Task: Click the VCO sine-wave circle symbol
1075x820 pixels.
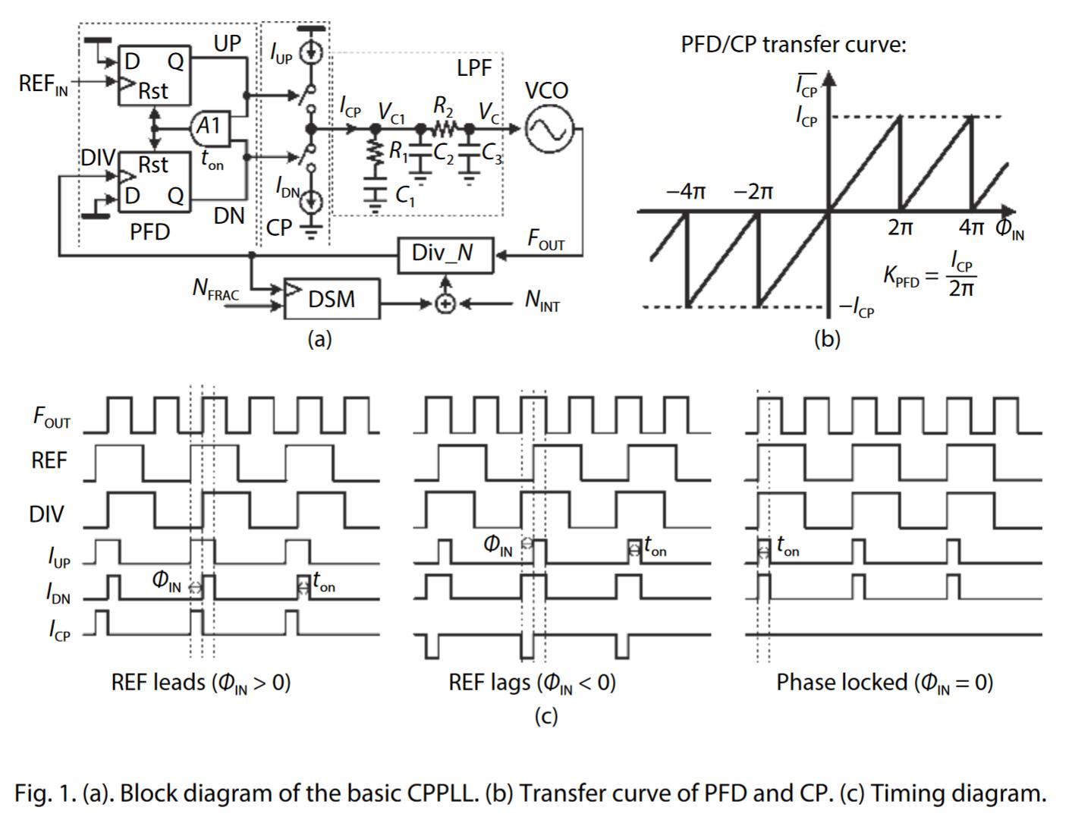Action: pyautogui.click(x=547, y=128)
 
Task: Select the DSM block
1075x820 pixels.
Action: pyautogui.click(x=332, y=298)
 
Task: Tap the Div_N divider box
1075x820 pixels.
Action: pyautogui.click(x=445, y=253)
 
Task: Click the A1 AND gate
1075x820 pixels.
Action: pyautogui.click(x=209, y=127)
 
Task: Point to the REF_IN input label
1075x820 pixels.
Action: pyautogui.click(x=42, y=83)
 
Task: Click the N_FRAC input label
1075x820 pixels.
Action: pyautogui.click(x=215, y=289)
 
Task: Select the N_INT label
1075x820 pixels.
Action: pyautogui.click(x=542, y=302)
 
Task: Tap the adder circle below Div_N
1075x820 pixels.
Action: pyautogui.click(x=445, y=303)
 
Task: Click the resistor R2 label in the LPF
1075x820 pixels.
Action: pyautogui.click(x=444, y=106)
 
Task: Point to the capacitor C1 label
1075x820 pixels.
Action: pyautogui.click(x=405, y=196)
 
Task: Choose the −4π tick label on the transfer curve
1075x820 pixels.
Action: pyautogui.click(x=685, y=191)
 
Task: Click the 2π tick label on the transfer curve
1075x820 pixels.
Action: pyautogui.click(x=901, y=228)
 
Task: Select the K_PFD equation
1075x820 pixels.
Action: pyautogui.click(x=931, y=275)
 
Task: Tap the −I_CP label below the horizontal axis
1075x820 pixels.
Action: pyautogui.click(x=856, y=307)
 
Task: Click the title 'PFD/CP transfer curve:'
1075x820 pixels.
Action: pyautogui.click(x=793, y=45)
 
